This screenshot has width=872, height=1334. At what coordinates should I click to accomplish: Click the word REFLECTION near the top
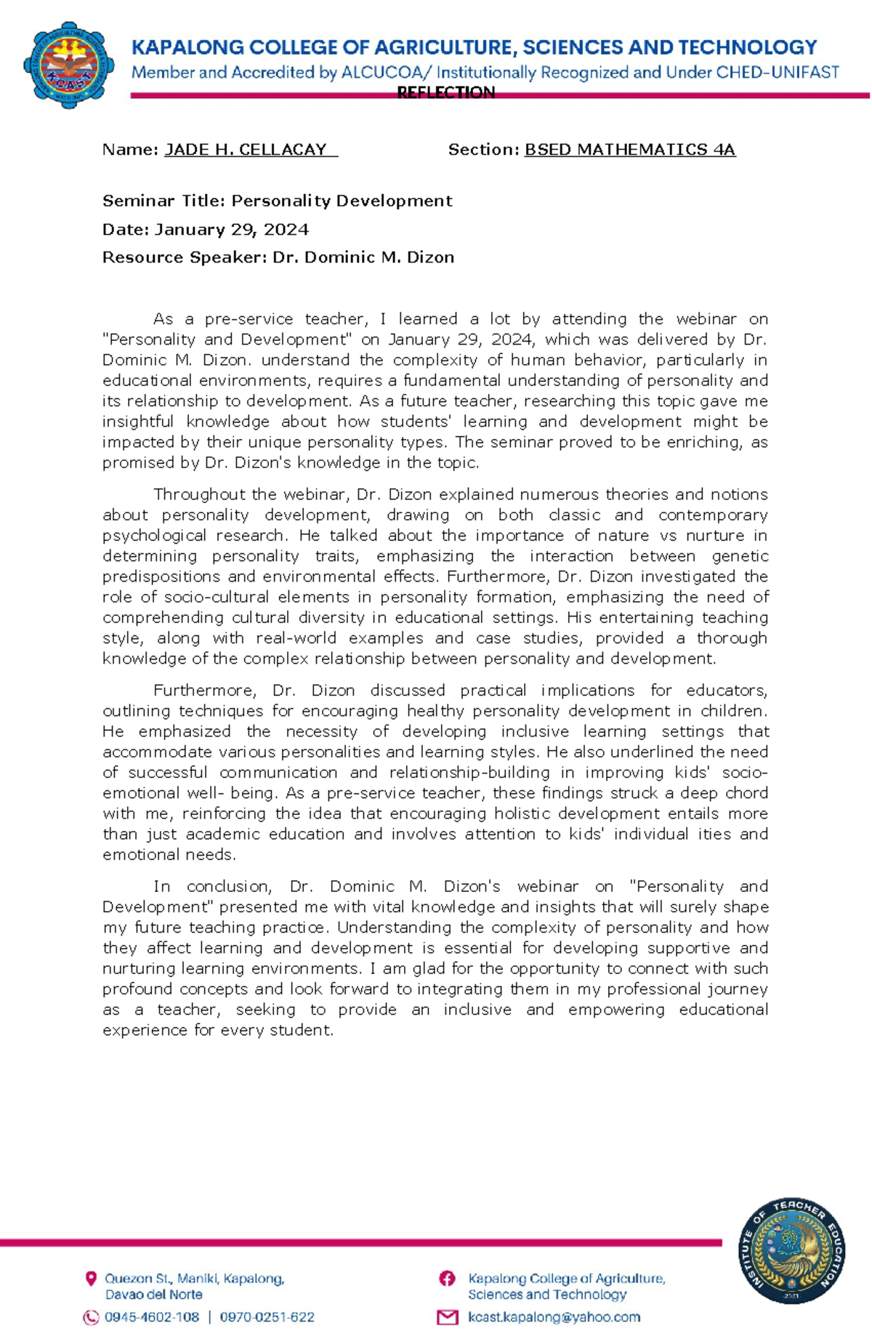pos(445,92)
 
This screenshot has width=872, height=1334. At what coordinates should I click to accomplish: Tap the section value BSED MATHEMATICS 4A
pos(629,150)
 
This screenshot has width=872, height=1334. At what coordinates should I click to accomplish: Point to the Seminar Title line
pos(277,201)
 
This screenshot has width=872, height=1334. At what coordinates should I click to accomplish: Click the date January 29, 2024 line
pos(206,230)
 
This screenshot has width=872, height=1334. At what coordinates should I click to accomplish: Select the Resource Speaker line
pos(278,257)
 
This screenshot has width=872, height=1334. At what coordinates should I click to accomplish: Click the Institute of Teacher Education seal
pos(791,1250)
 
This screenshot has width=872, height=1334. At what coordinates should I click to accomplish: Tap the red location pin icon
pos(91,1279)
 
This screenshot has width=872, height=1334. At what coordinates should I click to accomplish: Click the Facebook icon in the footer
pos(447,1279)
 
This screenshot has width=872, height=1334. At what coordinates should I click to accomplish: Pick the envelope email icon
pos(447,1317)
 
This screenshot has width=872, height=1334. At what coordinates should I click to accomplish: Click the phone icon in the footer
pos(91,1317)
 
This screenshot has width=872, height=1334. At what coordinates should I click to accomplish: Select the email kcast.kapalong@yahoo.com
pos(554,1317)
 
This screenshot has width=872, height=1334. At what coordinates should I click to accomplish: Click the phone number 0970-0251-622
pos(267,1317)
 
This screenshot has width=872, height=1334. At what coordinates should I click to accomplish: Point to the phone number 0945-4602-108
pos(152,1317)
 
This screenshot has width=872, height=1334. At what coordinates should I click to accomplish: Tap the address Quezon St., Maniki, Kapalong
pos(195,1279)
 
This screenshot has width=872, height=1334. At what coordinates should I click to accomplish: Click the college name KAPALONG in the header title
pos(187,48)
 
